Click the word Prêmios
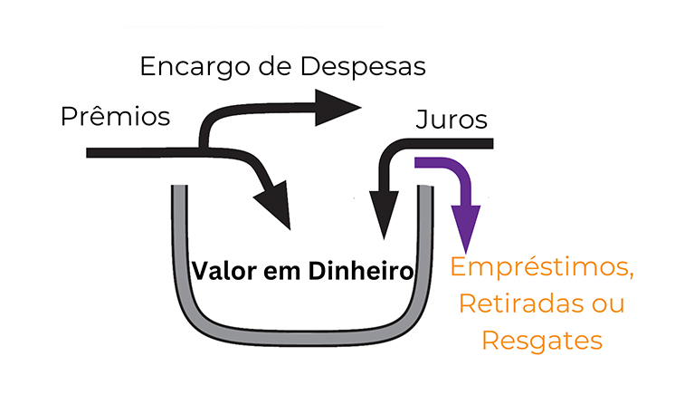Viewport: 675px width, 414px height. pos(115,117)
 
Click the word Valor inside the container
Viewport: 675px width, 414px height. pos(222,270)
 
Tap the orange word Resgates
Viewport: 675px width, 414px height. pos(541,341)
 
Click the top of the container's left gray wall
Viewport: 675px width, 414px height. pos(178,190)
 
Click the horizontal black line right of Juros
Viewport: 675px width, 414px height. pos(461,143)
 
